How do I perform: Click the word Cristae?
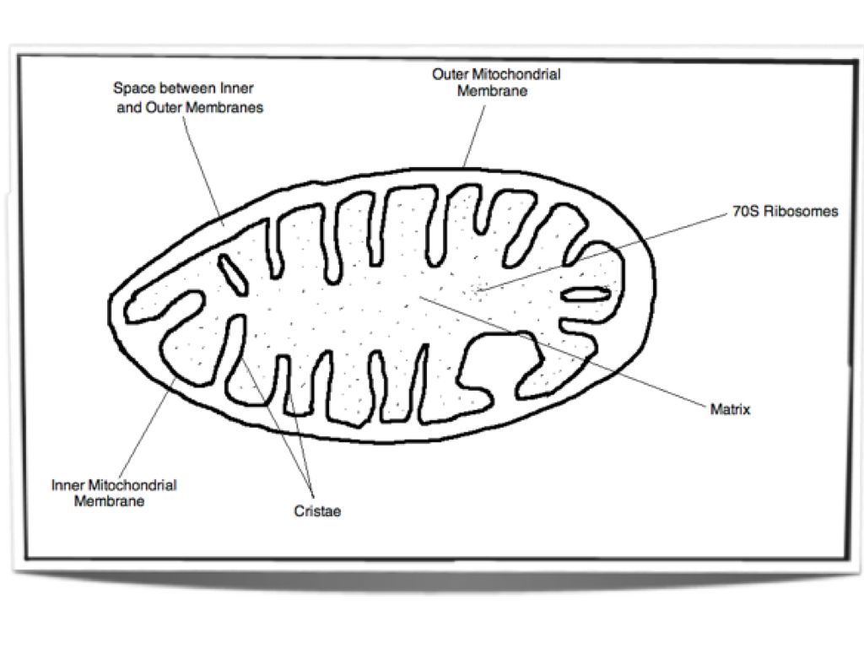317,511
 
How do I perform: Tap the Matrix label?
730,410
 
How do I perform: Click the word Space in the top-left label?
132,88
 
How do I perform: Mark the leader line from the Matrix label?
591,354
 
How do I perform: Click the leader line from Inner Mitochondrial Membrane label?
148,426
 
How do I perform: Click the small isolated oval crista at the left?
230,273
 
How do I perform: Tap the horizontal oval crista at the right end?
586,294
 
